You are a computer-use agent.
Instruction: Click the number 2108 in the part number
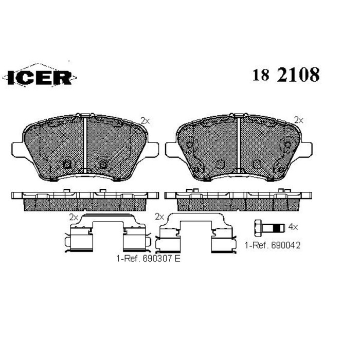coord(298,75)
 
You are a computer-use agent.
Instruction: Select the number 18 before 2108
coord(261,76)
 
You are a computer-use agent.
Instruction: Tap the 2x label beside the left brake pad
coord(145,120)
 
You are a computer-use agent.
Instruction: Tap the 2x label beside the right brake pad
coord(298,120)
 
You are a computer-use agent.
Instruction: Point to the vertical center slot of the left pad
coord(84,144)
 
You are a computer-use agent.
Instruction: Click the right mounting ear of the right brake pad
coord(308,149)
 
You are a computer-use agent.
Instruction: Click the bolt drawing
coord(271,226)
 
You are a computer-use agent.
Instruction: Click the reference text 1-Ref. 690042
coord(273,246)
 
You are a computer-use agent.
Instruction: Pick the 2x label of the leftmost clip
coord(74,217)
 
